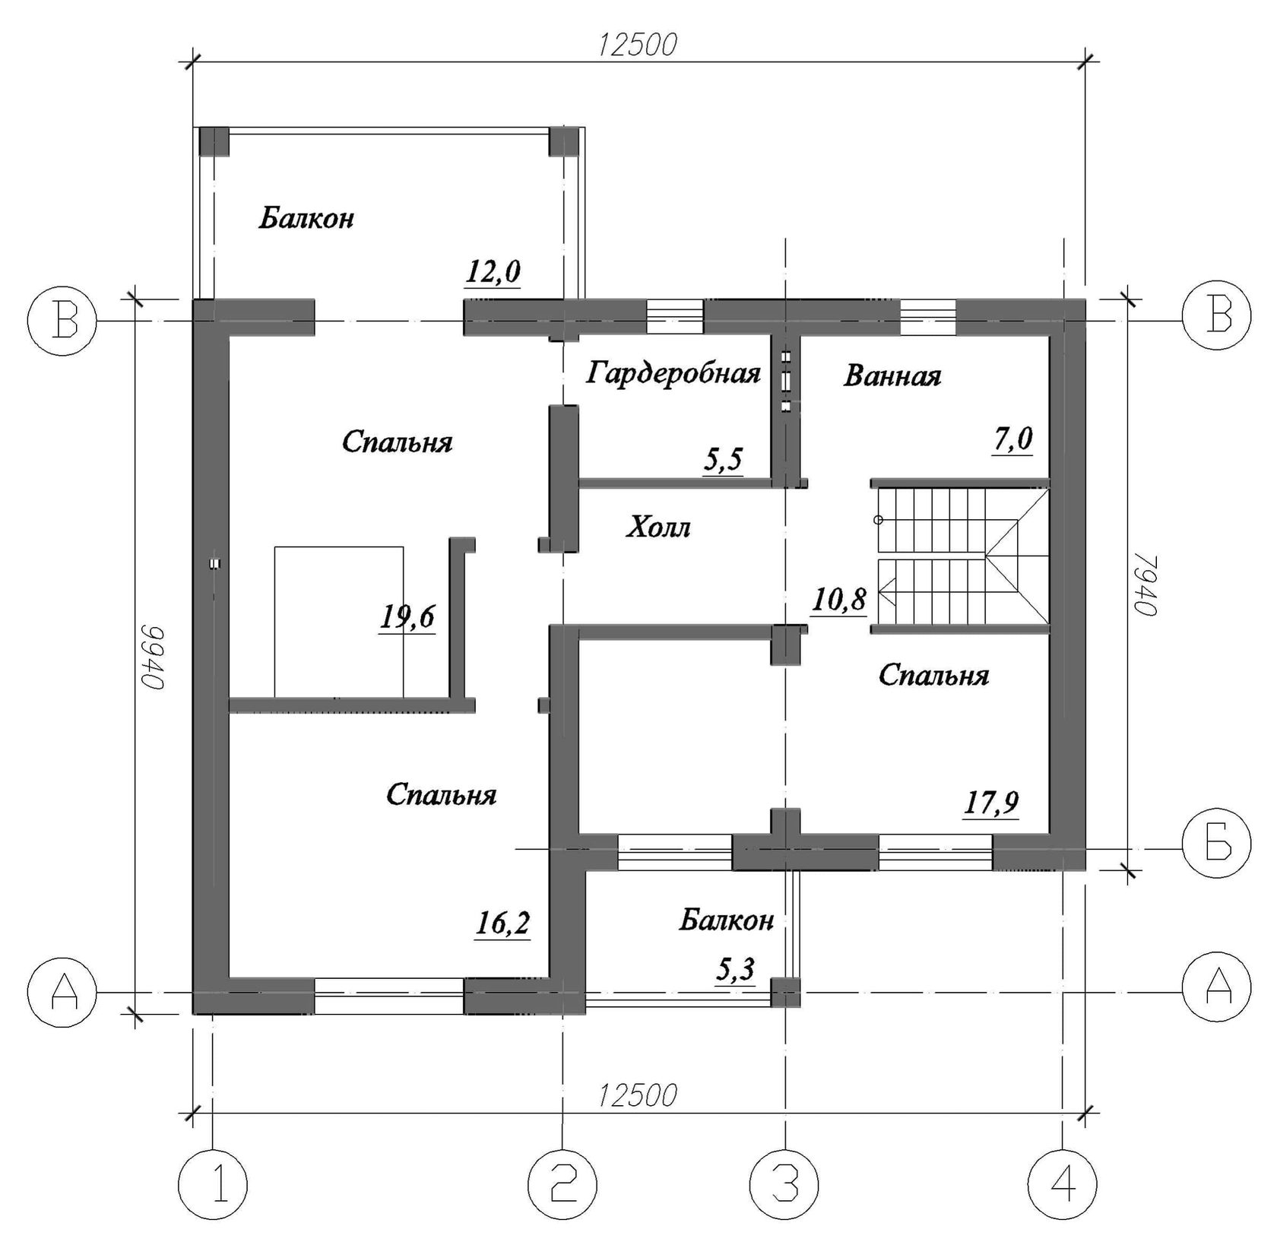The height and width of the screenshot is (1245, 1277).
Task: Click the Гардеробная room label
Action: click(x=673, y=375)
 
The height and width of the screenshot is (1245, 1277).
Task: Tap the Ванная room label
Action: click(x=892, y=376)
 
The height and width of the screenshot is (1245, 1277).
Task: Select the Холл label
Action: click(x=658, y=527)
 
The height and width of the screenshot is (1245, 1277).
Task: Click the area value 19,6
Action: click(x=407, y=617)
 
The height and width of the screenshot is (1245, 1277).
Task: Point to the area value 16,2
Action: click(x=502, y=924)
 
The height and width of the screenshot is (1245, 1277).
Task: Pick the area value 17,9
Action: click(x=991, y=803)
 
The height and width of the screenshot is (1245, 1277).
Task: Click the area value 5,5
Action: click(x=723, y=461)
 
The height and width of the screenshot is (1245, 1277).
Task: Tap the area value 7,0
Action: click(x=1012, y=439)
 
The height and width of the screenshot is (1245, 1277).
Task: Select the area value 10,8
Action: click(x=838, y=600)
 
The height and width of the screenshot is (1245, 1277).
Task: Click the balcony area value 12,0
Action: click(x=493, y=272)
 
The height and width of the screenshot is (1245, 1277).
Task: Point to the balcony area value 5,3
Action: click(x=736, y=970)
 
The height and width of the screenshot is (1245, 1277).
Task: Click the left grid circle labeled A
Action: click(x=62, y=993)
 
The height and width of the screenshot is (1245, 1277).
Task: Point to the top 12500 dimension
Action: click(x=637, y=46)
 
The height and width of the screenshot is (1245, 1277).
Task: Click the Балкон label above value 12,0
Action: click(x=306, y=219)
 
